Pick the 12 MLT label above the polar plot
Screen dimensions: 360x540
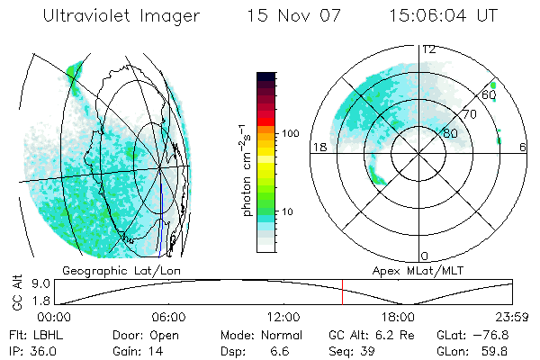point(429,49)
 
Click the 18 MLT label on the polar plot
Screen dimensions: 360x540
point(318,148)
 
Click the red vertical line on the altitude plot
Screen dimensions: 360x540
point(342,292)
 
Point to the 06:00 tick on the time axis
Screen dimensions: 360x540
point(169,317)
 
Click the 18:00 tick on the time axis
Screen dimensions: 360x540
point(399,317)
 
